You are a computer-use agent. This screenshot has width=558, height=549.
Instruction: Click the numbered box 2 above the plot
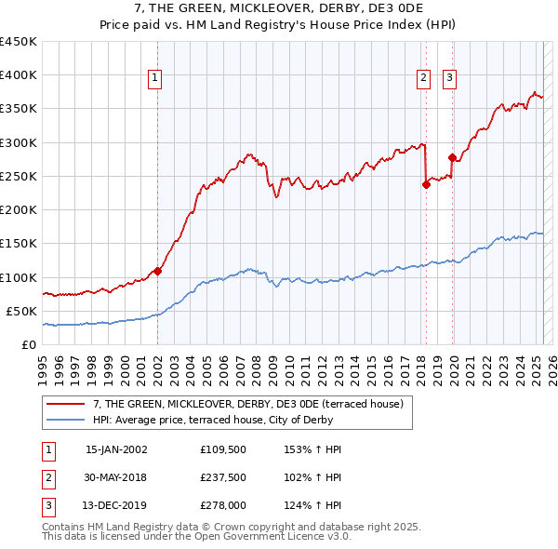423,79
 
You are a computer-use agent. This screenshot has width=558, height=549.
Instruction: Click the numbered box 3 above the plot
449,79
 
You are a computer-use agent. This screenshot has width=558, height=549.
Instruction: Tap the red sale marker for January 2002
157,271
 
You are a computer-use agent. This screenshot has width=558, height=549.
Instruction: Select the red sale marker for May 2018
426,184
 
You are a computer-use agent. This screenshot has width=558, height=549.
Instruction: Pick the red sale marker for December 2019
452,157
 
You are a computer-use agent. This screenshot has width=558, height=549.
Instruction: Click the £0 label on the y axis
29,344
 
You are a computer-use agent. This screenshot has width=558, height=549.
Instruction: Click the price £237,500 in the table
224,477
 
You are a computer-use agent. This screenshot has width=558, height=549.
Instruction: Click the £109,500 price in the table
224,449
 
